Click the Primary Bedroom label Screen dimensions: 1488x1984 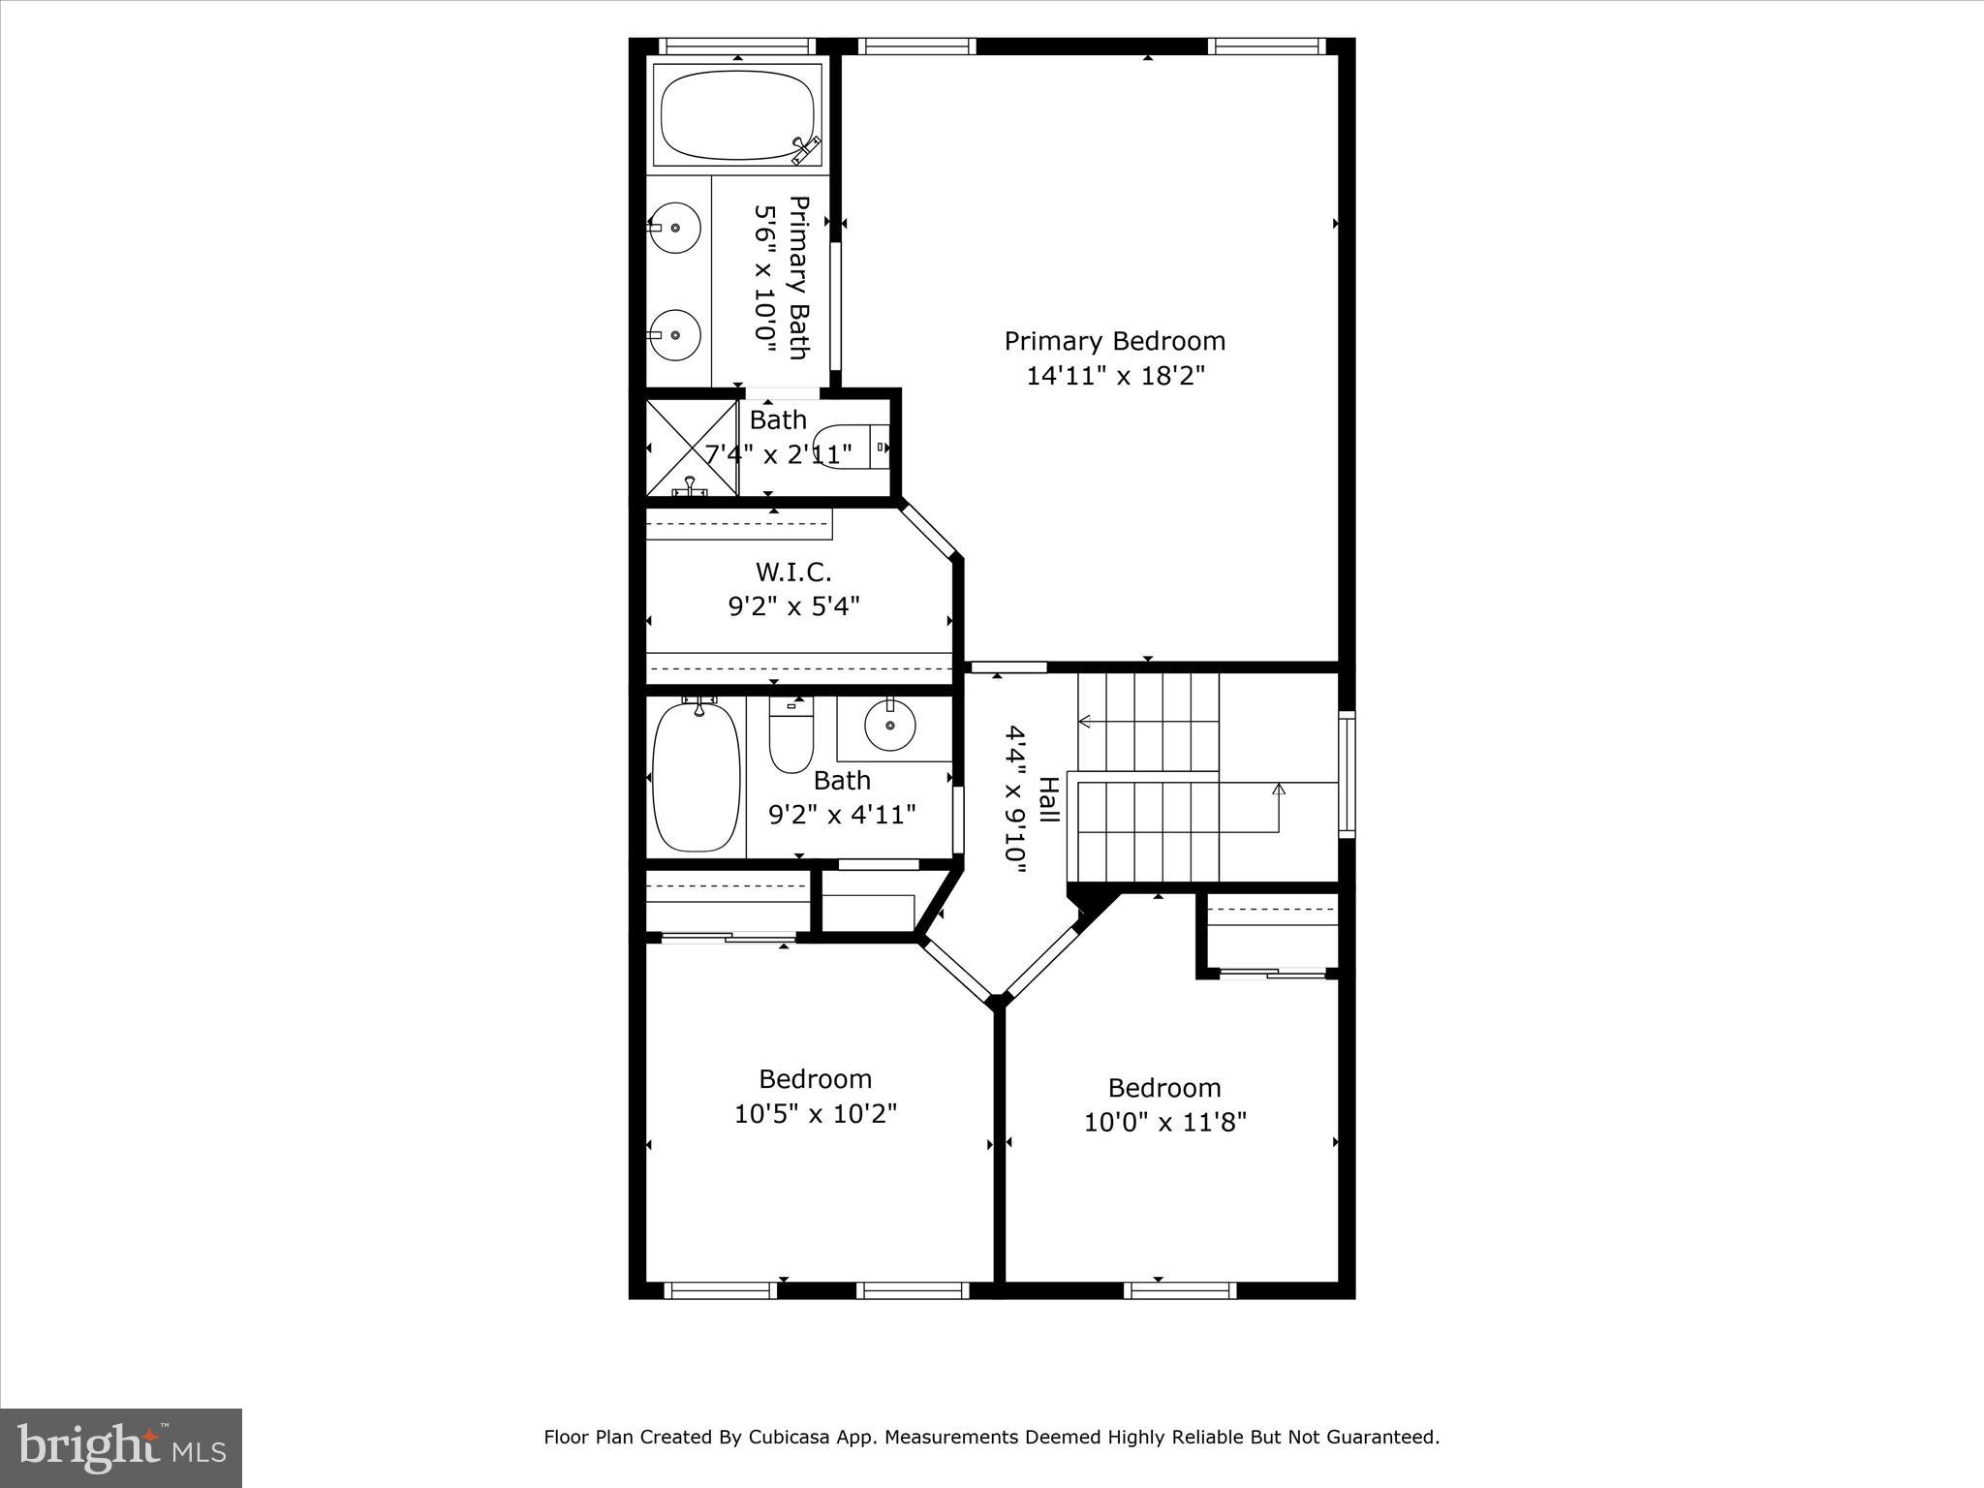[x=1114, y=341]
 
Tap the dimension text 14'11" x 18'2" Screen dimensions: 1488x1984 [x=1114, y=376]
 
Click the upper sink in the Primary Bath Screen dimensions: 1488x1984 [x=675, y=228]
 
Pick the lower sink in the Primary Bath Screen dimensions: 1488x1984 [x=675, y=335]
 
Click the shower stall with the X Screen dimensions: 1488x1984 [x=692, y=449]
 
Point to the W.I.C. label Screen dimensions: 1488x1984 [x=793, y=572]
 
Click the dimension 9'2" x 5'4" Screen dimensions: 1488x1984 [x=793, y=606]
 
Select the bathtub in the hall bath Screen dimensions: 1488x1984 [x=696, y=777]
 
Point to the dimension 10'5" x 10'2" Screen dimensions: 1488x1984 [x=815, y=1114]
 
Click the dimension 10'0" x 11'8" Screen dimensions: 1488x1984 [x=1163, y=1123]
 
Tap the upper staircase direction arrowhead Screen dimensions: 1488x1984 [x=1085, y=721]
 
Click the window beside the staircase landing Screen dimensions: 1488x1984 [x=1347, y=773]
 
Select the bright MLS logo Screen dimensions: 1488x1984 [x=121, y=1447]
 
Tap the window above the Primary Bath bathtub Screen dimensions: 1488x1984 [x=738, y=46]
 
